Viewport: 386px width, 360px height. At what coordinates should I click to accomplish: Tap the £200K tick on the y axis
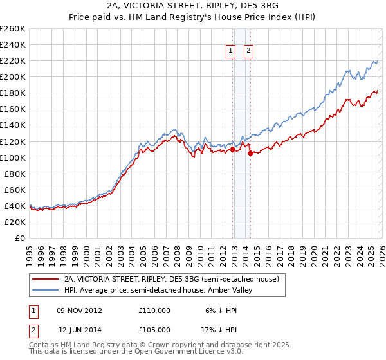tap(13, 76)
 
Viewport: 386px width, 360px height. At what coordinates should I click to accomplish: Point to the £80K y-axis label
tap(15, 174)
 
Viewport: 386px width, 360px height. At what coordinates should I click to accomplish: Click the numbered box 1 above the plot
tap(230, 52)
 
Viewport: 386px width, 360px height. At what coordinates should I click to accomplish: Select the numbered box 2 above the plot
tap(248, 52)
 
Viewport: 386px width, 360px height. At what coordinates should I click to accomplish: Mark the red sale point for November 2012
tap(232, 149)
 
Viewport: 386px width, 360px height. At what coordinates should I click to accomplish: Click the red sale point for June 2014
tap(250, 153)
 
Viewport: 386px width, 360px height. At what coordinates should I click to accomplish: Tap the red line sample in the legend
tap(45, 280)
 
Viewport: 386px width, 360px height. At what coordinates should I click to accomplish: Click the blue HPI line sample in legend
tap(45, 291)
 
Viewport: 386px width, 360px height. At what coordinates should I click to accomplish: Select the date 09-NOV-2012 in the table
tap(79, 310)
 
